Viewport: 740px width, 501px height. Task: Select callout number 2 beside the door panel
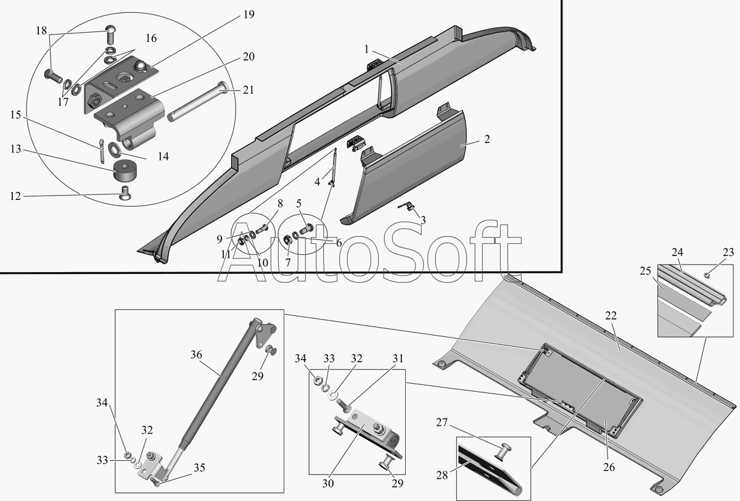coord(487,139)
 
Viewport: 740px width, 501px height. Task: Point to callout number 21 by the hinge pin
coord(248,89)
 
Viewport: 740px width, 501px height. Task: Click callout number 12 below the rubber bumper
coord(15,196)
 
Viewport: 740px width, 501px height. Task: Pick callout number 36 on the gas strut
coord(196,355)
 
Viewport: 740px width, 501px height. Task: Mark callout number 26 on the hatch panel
coord(609,468)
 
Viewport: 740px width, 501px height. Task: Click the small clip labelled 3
coord(408,207)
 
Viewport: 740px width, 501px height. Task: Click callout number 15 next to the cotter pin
coord(15,114)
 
